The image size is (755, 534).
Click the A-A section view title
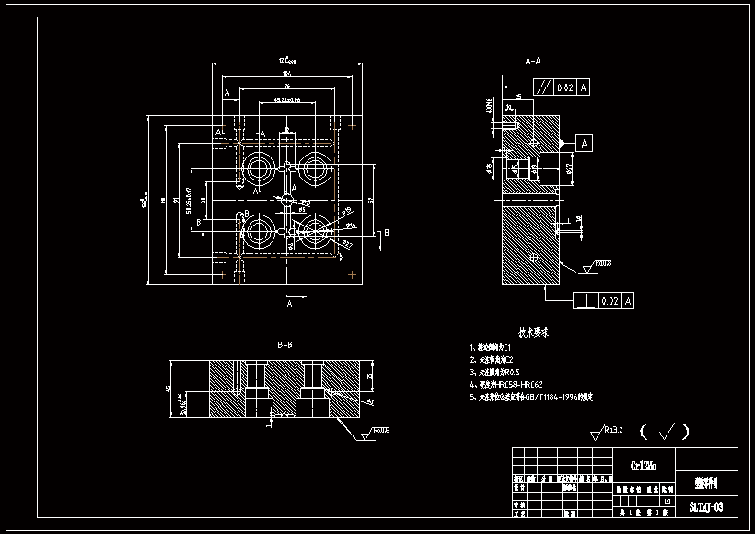(532, 61)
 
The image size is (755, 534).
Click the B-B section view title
(285, 344)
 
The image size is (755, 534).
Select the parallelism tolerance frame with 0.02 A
(564, 87)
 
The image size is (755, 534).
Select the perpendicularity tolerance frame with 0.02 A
(604, 300)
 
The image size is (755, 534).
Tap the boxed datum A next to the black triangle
(585, 143)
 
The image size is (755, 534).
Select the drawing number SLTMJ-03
(706, 506)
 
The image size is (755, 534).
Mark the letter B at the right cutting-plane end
(387, 234)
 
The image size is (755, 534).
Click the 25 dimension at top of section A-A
(519, 95)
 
